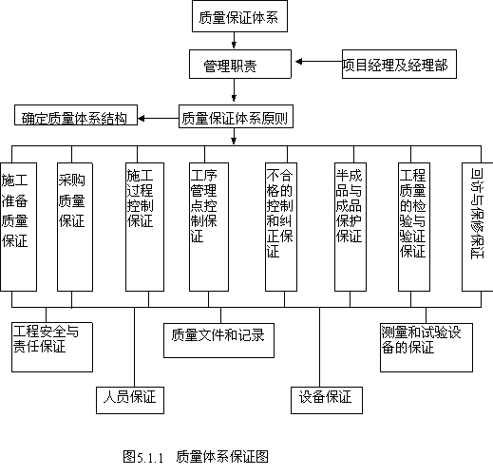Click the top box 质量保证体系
click(239, 16)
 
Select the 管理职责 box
click(240, 64)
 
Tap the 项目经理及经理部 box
click(399, 64)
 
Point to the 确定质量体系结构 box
click(76, 115)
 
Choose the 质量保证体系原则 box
click(236, 117)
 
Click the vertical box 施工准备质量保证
click(18, 227)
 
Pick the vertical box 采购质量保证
click(75, 227)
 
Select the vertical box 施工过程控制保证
click(144, 227)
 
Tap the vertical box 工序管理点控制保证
click(209, 227)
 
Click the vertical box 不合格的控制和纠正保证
click(281, 227)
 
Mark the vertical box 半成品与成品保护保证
click(351, 227)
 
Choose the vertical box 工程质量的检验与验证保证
click(414, 227)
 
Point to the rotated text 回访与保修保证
click(477, 214)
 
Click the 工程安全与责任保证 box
click(52, 348)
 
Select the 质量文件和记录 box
click(218, 341)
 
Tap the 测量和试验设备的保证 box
click(427, 348)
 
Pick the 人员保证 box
click(130, 400)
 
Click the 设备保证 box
click(327, 400)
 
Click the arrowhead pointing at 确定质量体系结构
click(142, 119)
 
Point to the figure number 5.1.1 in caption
click(150, 458)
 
